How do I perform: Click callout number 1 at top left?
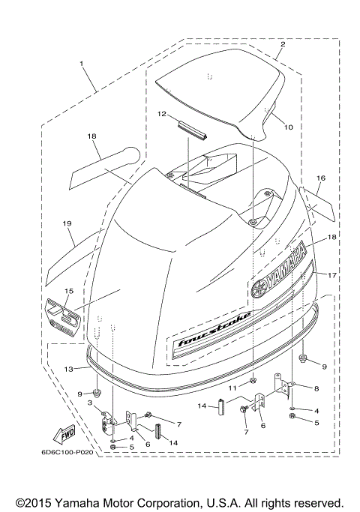82,64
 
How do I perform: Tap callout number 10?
288,127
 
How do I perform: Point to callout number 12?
161,115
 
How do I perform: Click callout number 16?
320,179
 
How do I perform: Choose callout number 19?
67,223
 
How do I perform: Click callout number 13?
68,369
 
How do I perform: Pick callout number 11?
233,388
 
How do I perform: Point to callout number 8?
316,388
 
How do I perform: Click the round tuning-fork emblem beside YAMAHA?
259,288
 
